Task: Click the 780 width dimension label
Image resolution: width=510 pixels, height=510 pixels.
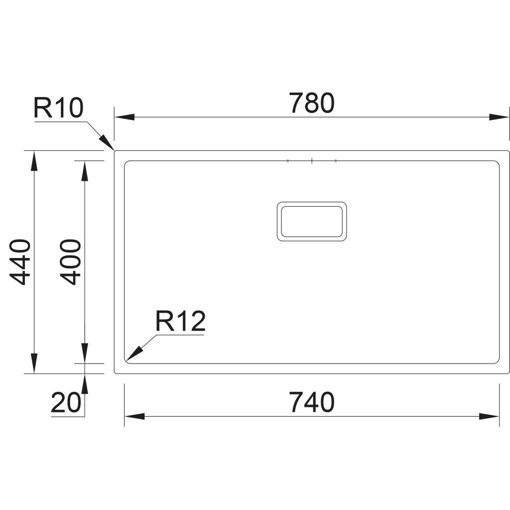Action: click(x=312, y=103)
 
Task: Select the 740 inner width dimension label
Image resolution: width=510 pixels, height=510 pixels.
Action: click(x=312, y=402)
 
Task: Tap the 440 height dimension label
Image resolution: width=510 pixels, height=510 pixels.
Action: click(x=20, y=262)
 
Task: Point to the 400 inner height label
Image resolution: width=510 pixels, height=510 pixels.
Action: click(x=70, y=262)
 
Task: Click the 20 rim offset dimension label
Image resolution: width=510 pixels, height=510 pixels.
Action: click(x=66, y=402)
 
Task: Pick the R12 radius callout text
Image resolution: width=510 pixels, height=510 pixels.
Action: click(x=180, y=321)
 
